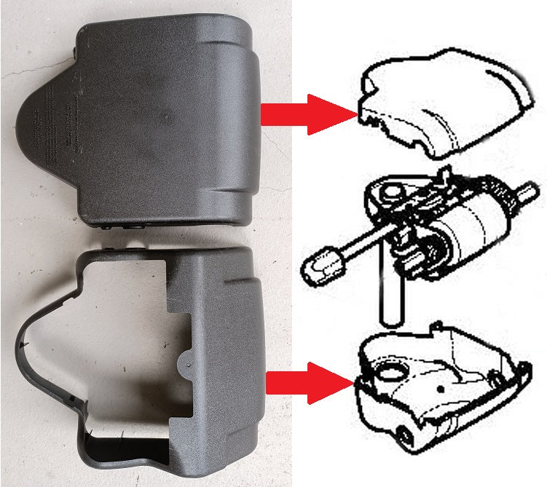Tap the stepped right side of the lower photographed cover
pos(233,349)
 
